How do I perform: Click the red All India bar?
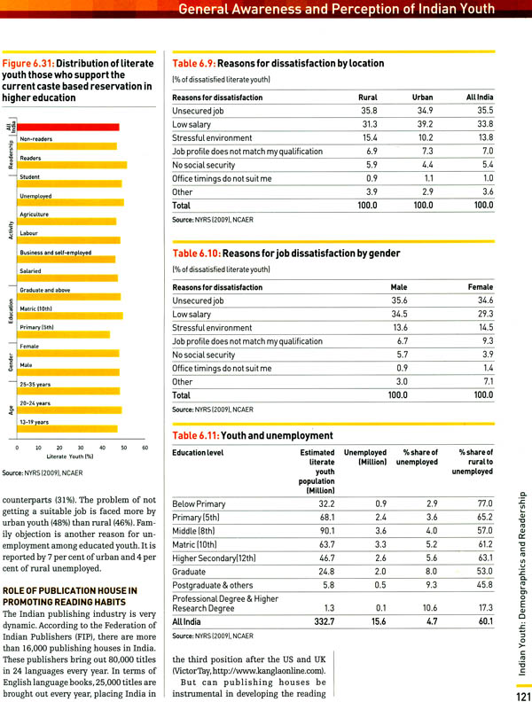[68, 127]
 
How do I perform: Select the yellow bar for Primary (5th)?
[63, 334]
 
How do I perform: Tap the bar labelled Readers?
[72, 165]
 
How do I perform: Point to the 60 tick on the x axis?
[145, 448]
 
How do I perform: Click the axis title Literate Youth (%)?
[70, 456]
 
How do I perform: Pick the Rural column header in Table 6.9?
[368, 97]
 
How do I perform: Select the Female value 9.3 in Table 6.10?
[488, 340]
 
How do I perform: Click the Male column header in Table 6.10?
[398, 287]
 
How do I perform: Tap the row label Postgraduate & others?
[212, 585]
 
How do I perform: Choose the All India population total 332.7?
[324, 621]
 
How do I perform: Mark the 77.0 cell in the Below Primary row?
[484, 503]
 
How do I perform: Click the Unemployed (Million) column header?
[365, 457]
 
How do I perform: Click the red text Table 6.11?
[196, 435]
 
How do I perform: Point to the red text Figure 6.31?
[27, 64]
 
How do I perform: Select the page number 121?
[523, 696]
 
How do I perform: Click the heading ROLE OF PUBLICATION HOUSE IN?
[70, 590]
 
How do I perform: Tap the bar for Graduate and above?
[68, 297]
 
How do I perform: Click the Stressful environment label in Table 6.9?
[212, 138]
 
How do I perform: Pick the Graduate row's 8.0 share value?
[431, 572]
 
